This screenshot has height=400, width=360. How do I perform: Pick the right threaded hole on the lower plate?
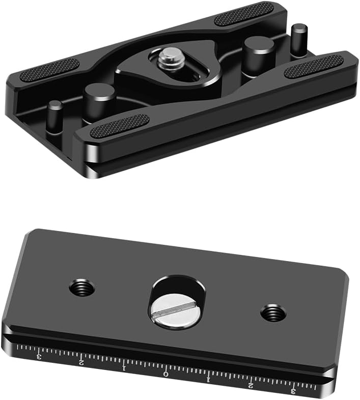point(273,312)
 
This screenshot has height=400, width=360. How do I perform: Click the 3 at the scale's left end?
point(39,357)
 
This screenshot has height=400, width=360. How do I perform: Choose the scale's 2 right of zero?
point(250,385)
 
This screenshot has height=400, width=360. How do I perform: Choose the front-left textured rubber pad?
point(120,126)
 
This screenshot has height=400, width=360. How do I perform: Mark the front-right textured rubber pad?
point(313,66)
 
